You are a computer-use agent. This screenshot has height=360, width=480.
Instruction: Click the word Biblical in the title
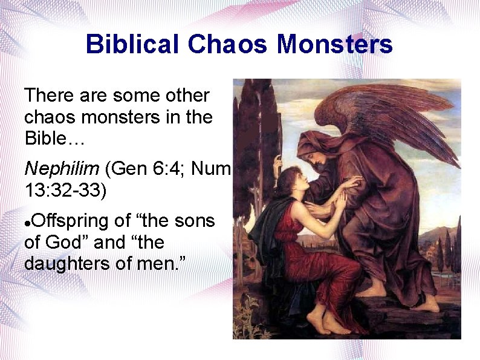click(x=133, y=44)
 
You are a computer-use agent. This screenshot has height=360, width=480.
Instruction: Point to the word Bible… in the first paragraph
click(x=55, y=138)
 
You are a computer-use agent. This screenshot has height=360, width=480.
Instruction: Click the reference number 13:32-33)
click(x=65, y=189)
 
